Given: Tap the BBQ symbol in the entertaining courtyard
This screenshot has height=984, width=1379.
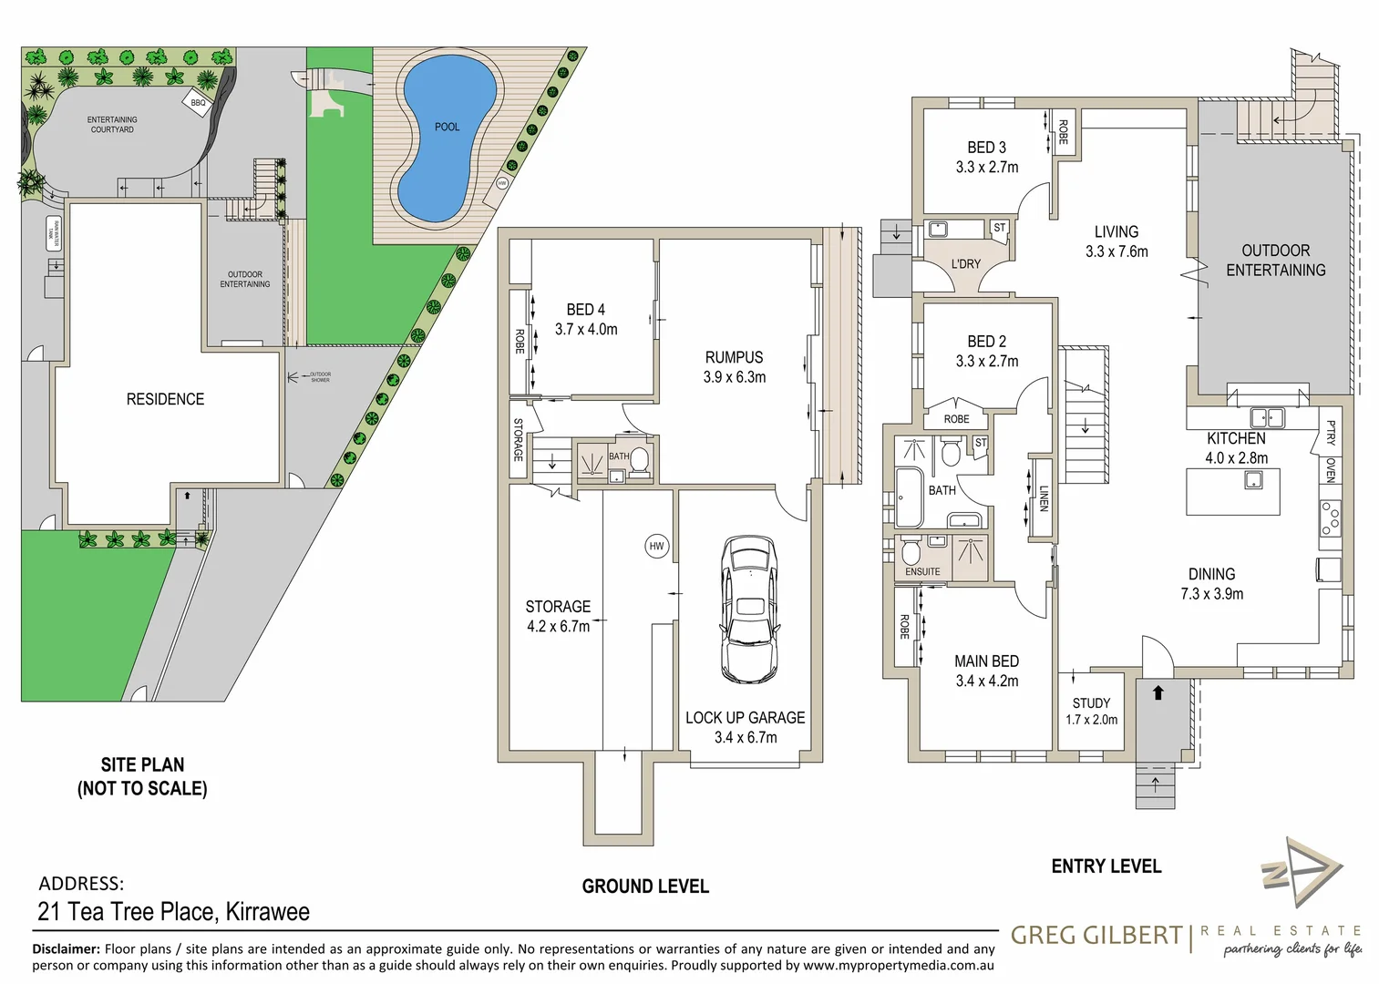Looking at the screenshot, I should click(x=198, y=103).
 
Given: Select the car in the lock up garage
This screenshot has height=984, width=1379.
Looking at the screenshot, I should click(x=749, y=609).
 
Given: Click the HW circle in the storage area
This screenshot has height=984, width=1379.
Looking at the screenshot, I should click(x=656, y=546).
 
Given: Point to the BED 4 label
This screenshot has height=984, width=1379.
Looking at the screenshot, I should click(x=585, y=310).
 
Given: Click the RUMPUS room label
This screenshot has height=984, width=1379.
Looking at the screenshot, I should click(x=734, y=357).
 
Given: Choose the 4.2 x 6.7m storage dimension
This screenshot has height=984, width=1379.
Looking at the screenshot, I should click(x=558, y=627).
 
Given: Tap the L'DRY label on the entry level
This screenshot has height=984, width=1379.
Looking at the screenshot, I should click(x=965, y=264).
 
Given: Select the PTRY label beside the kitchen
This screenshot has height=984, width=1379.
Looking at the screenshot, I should click(x=1331, y=432).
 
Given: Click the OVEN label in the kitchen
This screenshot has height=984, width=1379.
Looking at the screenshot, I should click(x=1331, y=470).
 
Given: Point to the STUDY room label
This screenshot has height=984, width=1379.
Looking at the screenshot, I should click(x=1091, y=703).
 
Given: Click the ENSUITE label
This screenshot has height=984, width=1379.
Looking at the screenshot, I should click(x=922, y=572).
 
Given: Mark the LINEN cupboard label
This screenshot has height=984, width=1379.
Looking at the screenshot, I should click(x=1044, y=498).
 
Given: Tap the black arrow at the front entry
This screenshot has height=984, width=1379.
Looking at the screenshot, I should click(x=1158, y=692).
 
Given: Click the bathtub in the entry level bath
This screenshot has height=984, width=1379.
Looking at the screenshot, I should click(x=910, y=497).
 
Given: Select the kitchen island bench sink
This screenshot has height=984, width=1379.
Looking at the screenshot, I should click(x=1254, y=479).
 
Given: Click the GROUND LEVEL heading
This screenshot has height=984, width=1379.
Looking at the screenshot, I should click(x=645, y=887).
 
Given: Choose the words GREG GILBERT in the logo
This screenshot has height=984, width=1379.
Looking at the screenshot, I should click(x=1096, y=936).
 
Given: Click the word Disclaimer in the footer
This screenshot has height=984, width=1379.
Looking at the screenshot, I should click(x=66, y=949).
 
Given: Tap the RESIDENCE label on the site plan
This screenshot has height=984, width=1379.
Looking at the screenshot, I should click(x=165, y=399).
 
